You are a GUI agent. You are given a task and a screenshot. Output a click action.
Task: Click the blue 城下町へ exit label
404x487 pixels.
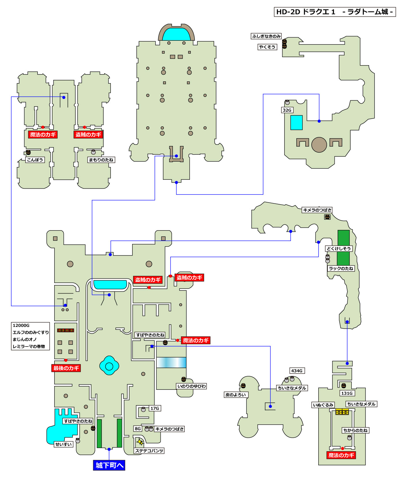pos(109,465)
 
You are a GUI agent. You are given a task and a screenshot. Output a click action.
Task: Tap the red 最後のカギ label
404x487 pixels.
pos(66,368)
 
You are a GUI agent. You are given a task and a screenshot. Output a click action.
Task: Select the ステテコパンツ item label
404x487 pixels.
pos(149,451)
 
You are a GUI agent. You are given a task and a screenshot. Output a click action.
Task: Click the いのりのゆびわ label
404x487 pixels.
pos(192,386)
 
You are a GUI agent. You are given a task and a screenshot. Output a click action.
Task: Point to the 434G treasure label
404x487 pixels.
pos(297,371)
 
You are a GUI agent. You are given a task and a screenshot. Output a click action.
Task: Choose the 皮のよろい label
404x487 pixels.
pos(236,395)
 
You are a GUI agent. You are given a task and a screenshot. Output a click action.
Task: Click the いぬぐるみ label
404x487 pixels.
pos(323,405)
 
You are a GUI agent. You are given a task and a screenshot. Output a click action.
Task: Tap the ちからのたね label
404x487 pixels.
pos(355,430)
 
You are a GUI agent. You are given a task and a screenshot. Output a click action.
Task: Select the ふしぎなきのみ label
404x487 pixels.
pos(266,36)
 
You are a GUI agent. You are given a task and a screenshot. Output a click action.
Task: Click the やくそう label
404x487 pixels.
pos(267,47)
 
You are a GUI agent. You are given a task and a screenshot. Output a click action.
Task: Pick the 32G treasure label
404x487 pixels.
pos(287,110)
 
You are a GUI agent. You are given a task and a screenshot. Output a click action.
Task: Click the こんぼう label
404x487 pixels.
pos(35,160)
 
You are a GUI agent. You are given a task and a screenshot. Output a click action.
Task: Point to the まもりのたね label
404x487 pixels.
pos(101,160)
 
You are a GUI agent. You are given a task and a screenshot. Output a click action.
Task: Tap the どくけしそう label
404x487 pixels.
pos(338,248)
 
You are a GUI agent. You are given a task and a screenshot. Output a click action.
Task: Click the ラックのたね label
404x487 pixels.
pos(341,268)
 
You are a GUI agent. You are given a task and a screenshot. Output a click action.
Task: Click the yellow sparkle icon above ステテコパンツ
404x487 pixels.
pos(140,442)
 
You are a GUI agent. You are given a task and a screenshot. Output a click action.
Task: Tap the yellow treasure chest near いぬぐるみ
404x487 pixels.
pos(342,412)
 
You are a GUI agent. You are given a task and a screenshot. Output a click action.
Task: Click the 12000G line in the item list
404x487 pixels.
pos(21,325)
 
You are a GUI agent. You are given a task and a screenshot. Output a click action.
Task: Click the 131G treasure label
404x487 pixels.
pos(347,393)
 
